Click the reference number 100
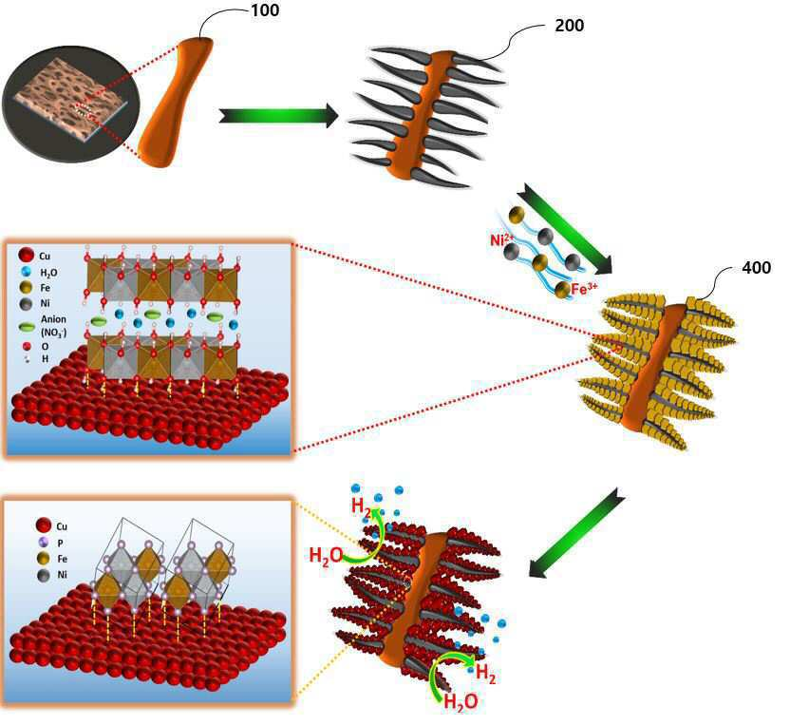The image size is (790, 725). pyautogui.click(x=265, y=10)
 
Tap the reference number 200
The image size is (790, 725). pyautogui.click(x=570, y=26)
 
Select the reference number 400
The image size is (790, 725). pyautogui.click(x=756, y=267)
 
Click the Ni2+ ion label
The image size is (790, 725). pyautogui.click(x=502, y=238)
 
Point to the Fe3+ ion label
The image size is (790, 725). pyautogui.click(x=585, y=289)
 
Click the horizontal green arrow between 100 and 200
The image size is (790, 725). pyautogui.click(x=278, y=116)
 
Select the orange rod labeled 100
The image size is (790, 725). pyautogui.click(x=175, y=102)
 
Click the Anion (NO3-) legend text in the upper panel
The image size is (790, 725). pyautogui.click(x=53, y=326)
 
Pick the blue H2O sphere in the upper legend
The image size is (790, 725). pyautogui.click(x=27, y=272)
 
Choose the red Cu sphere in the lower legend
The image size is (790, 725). pyautogui.click(x=44, y=525)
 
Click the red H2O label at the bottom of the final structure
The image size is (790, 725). pyautogui.click(x=461, y=702)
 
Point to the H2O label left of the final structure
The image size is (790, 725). pyautogui.click(x=326, y=556)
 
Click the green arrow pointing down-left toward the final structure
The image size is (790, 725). pyautogui.click(x=577, y=533)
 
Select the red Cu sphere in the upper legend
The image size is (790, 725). pyautogui.click(x=27, y=255)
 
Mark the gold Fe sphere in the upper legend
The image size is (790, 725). pyautogui.click(x=27, y=287)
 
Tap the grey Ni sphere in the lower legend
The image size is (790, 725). pyautogui.click(x=44, y=575)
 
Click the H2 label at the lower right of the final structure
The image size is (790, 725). pyautogui.click(x=486, y=673)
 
